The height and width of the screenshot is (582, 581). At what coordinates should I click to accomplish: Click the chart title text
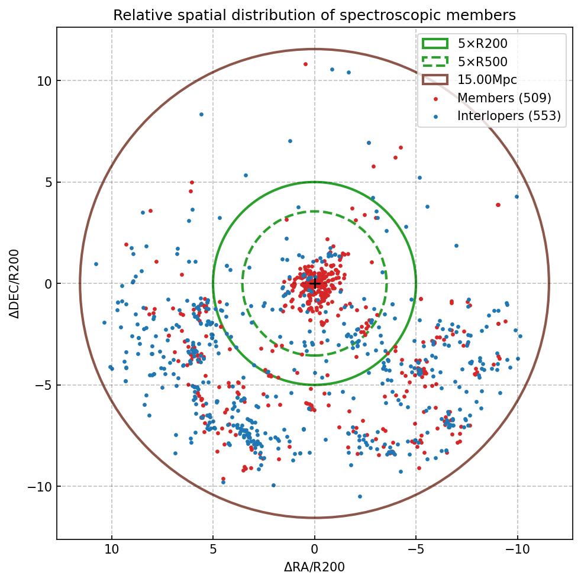coord(314,15)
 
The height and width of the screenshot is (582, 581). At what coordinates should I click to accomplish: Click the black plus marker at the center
coord(315,284)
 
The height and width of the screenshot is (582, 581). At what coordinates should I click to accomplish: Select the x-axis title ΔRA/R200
coord(314,567)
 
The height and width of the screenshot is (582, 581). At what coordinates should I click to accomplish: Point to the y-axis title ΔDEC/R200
coord(14,284)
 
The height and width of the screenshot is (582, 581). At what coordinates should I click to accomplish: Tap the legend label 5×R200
coord(482,43)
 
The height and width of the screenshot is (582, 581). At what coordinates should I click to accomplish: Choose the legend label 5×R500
coord(482,62)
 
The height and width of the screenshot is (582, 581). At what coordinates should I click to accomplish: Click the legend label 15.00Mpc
coord(487,80)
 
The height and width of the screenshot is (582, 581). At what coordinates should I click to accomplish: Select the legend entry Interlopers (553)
coord(509,116)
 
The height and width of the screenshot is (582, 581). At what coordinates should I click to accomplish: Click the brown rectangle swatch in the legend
coord(435,80)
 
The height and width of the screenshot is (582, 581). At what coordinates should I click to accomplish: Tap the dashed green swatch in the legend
coord(435,62)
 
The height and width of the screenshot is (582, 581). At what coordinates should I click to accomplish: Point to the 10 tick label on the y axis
coord(44,81)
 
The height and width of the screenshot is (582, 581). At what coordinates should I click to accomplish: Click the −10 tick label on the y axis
coord(40,487)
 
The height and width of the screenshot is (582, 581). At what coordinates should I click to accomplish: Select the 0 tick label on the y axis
coord(47,284)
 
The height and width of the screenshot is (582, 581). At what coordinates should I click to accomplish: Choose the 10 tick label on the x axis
coord(112,549)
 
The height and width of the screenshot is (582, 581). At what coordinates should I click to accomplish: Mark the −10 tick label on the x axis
coord(517,549)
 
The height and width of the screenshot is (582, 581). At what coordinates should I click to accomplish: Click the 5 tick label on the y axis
coord(47,183)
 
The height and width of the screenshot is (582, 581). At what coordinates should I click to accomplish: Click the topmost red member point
coord(305,64)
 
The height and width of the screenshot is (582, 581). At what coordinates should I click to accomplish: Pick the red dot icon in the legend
coord(435,98)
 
